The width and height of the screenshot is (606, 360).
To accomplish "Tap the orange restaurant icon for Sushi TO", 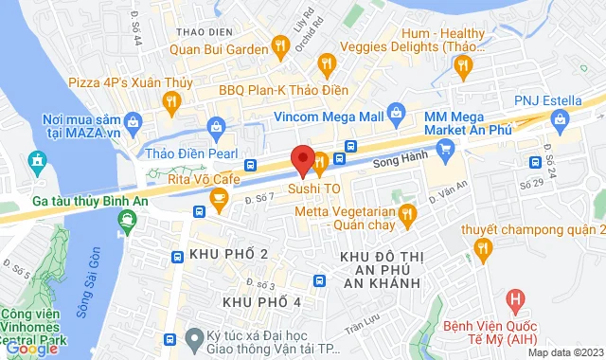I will pyautogui.click(x=321, y=163).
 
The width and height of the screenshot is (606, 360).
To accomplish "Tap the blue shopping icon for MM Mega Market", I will pyautogui.click(x=447, y=147).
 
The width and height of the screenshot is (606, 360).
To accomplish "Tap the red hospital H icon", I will pyautogui.click(x=515, y=302).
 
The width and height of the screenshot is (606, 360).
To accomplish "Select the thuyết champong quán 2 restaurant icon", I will pyautogui.click(x=484, y=250).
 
